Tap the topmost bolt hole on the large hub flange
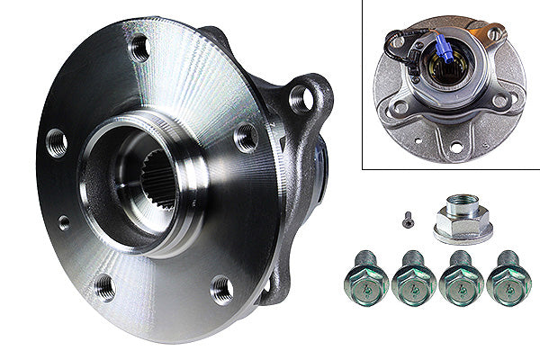pyautogui.click(x=140, y=47)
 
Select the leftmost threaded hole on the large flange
pyautogui.click(x=57, y=141)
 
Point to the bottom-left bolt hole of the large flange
pyautogui.click(x=104, y=287)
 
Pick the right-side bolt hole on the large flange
pyautogui.click(x=246, y=137)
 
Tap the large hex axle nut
pyautogui.click(x=462, y=219)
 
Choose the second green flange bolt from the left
pyautogui.click(x=414, y=281)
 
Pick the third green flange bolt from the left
pyautogui.click(x=462, y=281)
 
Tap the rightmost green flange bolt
pyautogui.click(x=508, y=281)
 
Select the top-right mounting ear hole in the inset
pyautogui.click(x=494, y=34)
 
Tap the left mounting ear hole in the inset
pyautogui.click(x=398, y=106)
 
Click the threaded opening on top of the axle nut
pyautogui.click(x=463, y=209)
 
